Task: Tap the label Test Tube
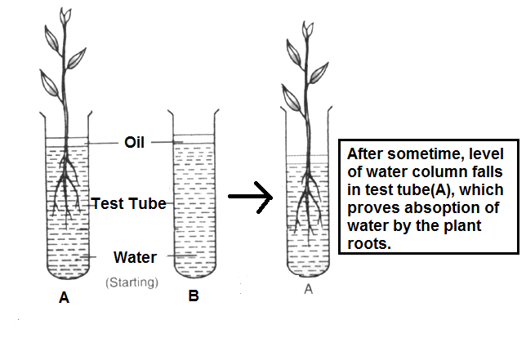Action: click(128, 203)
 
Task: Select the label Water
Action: click(135, 258)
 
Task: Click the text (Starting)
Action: click(131, 282)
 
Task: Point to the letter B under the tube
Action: click(194, 296)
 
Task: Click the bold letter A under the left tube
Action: click(64, 299)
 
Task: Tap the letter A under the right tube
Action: click(308, 288)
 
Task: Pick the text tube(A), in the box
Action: click(389, 189)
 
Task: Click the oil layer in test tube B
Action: click(194, 141)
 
